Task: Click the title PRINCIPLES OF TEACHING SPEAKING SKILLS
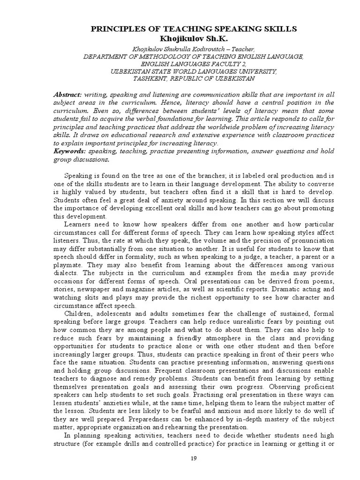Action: pos(193,29)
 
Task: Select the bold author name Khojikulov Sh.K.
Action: pos(193,38)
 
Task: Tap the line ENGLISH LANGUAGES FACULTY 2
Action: pos(193,64)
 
